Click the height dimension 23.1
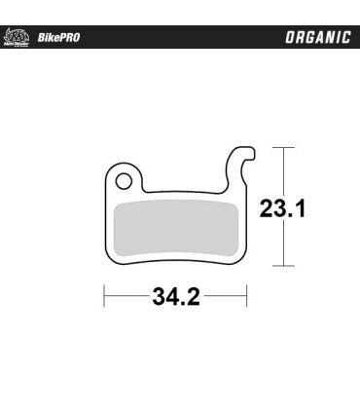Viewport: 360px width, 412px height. coord(283,207)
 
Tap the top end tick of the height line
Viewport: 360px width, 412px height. coord(283,147)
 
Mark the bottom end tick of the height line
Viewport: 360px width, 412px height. coord(283,266)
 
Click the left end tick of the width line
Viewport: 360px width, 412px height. coord(104,296)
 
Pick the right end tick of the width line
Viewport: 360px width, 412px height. coord(249,296)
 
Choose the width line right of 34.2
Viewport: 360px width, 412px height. coord(228,296)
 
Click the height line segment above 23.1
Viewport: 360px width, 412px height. coord(283,170)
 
